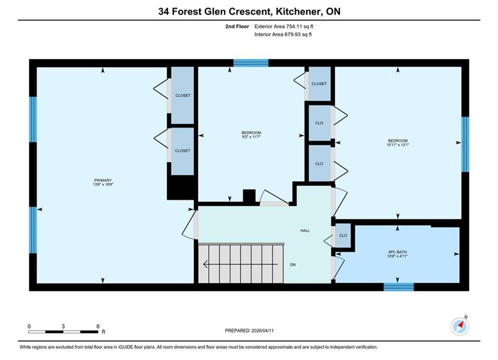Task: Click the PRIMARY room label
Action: (103, 180)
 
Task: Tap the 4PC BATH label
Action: (397, 252)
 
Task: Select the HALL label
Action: (305, 230)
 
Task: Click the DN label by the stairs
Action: (293, 264)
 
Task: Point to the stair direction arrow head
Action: (206, 264)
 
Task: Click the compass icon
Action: (460, 325)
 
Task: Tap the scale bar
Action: (63, 332)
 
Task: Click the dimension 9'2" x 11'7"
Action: (251, 136)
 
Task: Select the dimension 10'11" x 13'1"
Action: (397, 144)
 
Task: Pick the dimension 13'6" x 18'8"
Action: (103, 184)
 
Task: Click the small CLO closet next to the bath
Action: (343, 235)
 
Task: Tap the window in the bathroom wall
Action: (398, 286)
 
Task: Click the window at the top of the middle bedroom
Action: (251, 63)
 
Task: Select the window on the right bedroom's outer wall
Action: (465, 144)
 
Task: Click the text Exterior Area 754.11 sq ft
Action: (284, 26)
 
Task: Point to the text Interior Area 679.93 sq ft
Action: (283, 34)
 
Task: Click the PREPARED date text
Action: (249, 330)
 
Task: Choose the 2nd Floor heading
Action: (237, 26)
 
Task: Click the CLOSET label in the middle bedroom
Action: (319, 83)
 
